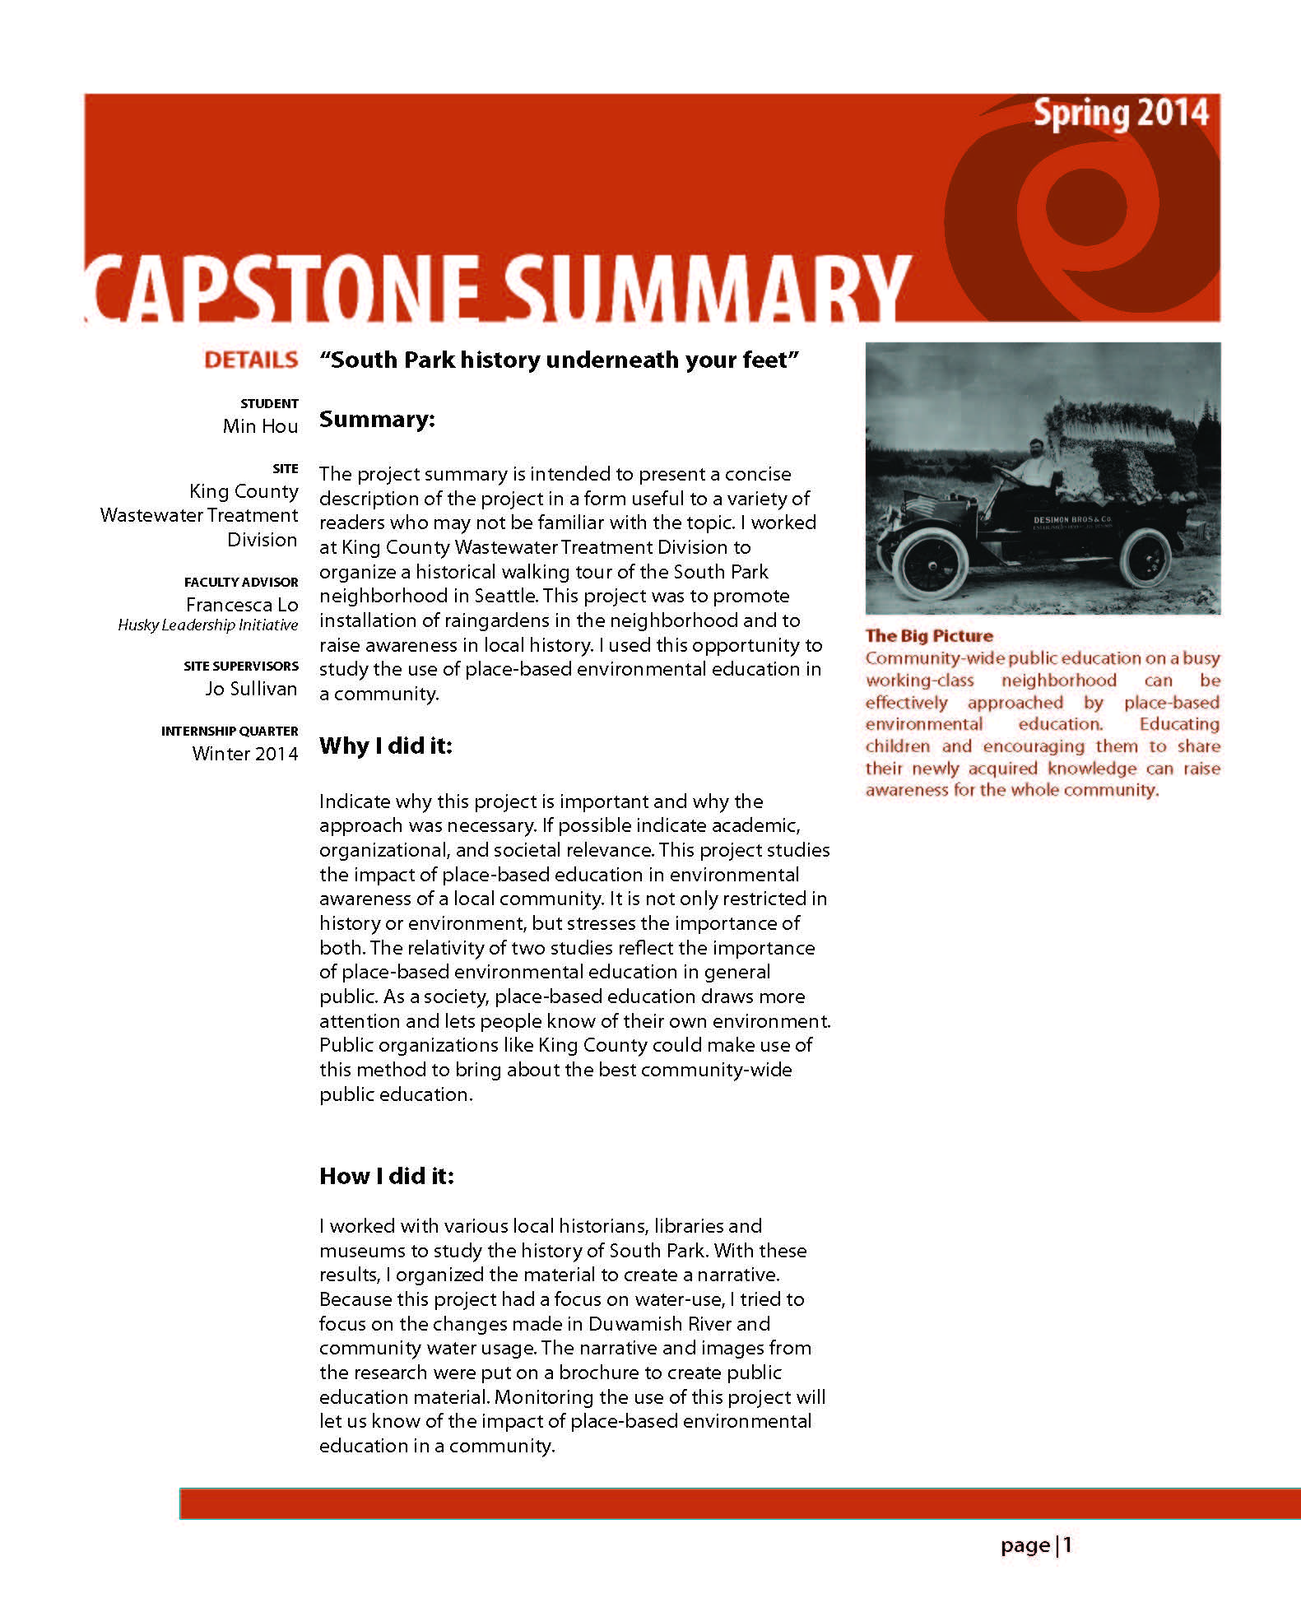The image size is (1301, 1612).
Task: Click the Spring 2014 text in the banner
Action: click(x=1120, y=114)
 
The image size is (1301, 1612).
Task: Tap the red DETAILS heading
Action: click(x=251, y=360)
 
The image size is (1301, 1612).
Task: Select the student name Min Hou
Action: click(x=260, y=426)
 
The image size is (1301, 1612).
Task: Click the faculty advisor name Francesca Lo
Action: click(x=242, y=605)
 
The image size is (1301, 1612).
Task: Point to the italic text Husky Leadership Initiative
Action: click(x=207, y=625)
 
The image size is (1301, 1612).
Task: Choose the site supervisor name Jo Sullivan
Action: click(x=251, y=689)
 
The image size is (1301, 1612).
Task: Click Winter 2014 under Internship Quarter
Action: click(x=244, y=754)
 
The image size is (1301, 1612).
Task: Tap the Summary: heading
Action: click(x=377, y=420)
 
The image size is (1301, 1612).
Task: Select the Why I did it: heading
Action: click(x=386, y=746)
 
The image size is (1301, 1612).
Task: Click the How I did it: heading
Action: click(x=387, y=1176)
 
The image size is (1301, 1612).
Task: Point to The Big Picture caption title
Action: click(x=929, y=636)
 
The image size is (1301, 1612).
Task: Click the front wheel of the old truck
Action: click(x=933, y=564)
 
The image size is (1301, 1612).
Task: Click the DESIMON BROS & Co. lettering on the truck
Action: click(x=1072, y=521)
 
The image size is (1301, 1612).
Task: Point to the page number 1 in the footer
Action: click(x=1067, y=1545)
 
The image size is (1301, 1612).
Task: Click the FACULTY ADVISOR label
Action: click(x=241, y=583)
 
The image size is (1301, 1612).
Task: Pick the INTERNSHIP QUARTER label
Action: click(x=230, y=732)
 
